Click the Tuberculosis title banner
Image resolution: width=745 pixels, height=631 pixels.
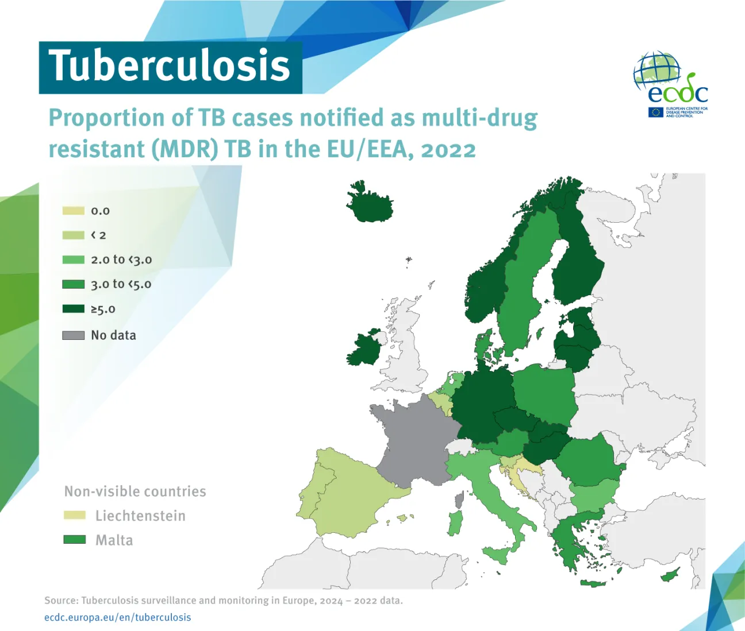click(x=170, y=67)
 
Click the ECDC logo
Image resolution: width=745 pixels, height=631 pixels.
click(x=670, y=86)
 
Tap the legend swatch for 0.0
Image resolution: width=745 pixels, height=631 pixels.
click(x=73, y=211)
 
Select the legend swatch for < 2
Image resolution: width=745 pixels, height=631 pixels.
click(x=73, y=235)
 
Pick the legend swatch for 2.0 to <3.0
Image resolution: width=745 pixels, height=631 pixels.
click(x=73, y=260)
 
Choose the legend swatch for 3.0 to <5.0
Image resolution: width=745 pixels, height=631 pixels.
click(x=73, y=284)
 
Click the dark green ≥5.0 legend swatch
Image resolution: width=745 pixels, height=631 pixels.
click(x=73, y=309)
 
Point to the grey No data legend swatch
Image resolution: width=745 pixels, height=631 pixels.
click(x=73, y=335)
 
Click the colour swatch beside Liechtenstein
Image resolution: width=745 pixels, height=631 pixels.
click(x=74, y=516)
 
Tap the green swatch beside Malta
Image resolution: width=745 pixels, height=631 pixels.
click(x=74, y=540)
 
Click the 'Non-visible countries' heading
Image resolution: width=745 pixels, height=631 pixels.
click(x=135, y=491)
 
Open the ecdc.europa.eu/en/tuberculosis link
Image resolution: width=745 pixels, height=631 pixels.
click(x=117, y=617)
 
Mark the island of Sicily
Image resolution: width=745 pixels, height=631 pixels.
click(x=498, y=555)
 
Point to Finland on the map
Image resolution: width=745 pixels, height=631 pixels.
click(x=578, y=258)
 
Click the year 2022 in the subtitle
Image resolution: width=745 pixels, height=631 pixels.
click(x=448, y=149)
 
